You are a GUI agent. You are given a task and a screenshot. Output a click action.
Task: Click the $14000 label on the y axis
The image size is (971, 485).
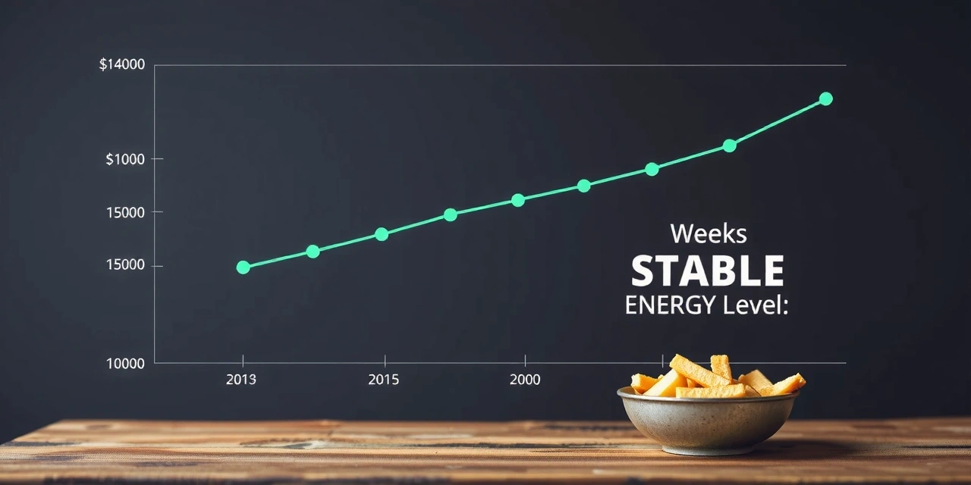pos(122,65)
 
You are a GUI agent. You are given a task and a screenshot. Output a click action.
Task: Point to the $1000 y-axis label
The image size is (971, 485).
pos(125,159)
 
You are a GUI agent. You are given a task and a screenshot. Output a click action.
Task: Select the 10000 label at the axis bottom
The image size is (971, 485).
pos(125,364)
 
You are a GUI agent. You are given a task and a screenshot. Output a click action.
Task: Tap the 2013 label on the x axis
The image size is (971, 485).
pos(241,380)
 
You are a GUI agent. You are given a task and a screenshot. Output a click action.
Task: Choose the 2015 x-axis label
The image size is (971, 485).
pos(383,380)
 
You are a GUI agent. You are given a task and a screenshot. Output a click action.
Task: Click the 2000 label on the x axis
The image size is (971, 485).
pos(525,380)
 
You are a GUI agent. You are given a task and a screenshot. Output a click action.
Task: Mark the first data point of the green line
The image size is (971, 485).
pos(243,268)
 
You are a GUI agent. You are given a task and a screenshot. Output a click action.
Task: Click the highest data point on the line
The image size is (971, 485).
pos(826,99)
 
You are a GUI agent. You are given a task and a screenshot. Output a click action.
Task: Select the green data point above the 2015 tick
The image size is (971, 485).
pos(382,234)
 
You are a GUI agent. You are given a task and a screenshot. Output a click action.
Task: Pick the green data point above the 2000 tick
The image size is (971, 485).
pos(518,200)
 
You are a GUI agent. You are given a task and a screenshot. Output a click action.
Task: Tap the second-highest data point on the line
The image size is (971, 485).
pos(729,145)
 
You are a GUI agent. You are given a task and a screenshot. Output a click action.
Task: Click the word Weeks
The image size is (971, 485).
pos(709,234)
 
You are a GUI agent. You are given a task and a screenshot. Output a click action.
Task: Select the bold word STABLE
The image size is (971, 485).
pos(708,271)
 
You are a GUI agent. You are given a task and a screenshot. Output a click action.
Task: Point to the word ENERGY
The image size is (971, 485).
pos(669,305)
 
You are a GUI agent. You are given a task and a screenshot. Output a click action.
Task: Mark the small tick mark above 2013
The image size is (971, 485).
pos(243,358)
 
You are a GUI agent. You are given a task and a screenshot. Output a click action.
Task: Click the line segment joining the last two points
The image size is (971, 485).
pos(778,122)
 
